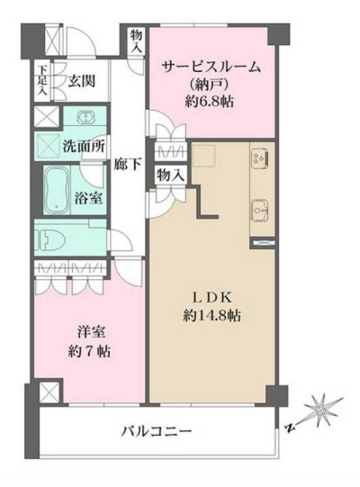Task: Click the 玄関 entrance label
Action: (x=81, y=81)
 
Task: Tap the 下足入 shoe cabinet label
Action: (x=42, y=80)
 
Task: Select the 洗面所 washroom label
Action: (x=84, y=146)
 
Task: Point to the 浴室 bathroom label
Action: (x=88, y=198)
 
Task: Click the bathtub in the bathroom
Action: (x=56, y=189)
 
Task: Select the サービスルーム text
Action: (x=211, y=68)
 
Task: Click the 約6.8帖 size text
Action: (x=209, y=101)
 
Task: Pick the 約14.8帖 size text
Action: (x=212, y=316)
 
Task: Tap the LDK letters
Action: (x=212, y=298)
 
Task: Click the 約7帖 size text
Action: (x=89, y=352)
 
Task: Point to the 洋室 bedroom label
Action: (x=91, y=333)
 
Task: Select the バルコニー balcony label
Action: (x=156, y=431)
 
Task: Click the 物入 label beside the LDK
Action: (x=171, y=175)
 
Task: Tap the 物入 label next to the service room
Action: (x=136, y=41)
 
